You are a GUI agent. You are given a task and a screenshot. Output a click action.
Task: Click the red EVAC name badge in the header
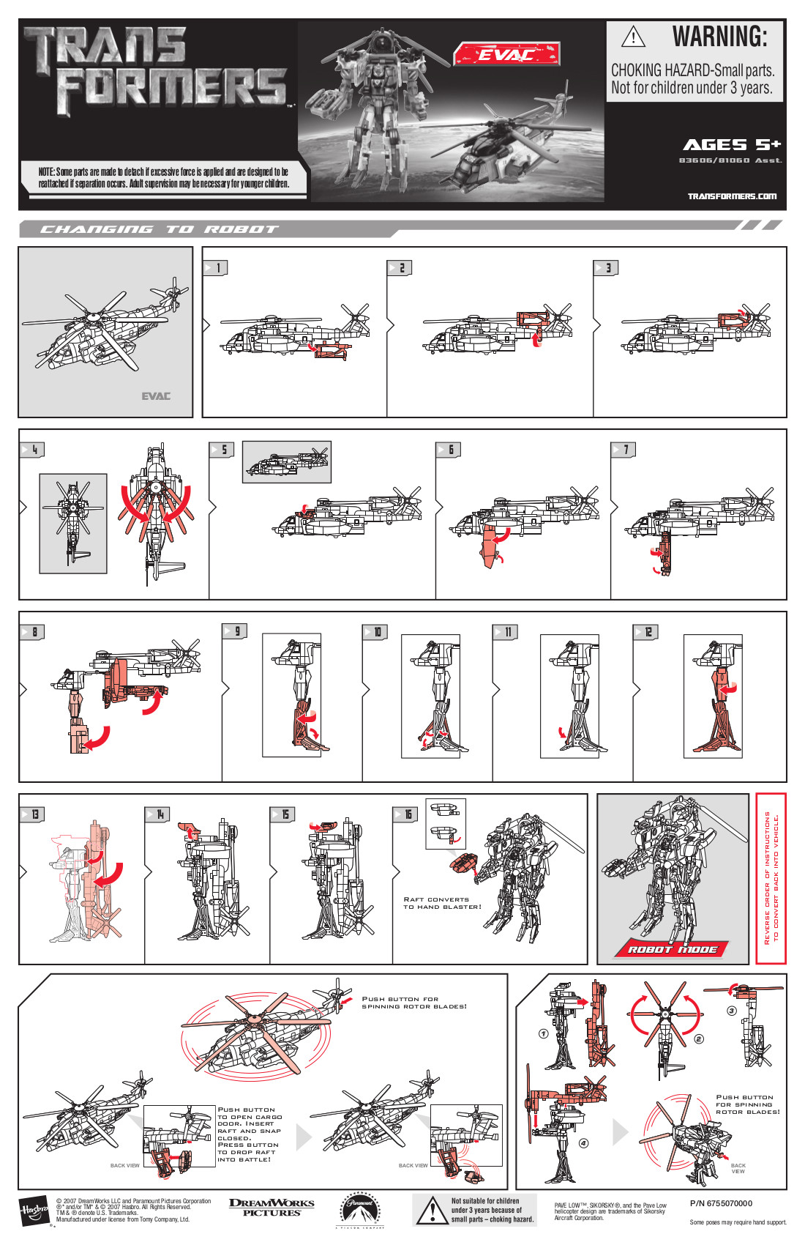(506, 53)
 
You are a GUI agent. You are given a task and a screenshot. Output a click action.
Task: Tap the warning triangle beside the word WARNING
(633, 36)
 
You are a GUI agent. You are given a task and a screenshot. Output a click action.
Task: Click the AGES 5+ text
(732, 145)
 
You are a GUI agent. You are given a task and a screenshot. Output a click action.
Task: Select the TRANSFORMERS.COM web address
(732, 196)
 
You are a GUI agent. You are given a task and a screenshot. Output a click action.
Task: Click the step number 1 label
(216, 268)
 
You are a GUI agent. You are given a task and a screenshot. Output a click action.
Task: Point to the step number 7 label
(624, 450)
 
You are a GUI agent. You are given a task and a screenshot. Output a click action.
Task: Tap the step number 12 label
(648, 631)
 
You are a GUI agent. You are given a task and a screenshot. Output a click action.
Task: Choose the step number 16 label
(407, 814)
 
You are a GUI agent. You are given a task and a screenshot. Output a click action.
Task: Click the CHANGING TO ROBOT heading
(159, 229)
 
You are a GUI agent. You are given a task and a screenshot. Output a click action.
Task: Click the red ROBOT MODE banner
(673, 948)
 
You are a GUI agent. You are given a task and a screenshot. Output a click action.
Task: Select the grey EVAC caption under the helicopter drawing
(156, 396)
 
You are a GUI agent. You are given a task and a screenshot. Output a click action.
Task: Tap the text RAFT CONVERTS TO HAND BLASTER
(442, 903)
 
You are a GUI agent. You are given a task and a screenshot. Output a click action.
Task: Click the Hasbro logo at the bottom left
(34, 1211)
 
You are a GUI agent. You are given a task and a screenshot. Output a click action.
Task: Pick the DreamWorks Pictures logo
(272, 1208)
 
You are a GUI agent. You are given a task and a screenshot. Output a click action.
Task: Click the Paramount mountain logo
(359, 1210)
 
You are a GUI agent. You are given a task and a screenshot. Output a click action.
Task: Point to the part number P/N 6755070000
(721, 1203)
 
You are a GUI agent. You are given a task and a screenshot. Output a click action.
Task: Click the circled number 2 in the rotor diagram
(699, 1038)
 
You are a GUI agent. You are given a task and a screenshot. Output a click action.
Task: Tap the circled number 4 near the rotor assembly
(583, 1143)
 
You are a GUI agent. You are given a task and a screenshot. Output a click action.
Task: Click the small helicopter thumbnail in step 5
(287, 461)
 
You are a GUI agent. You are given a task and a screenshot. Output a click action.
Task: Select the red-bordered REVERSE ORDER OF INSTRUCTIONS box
(771, 878)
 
